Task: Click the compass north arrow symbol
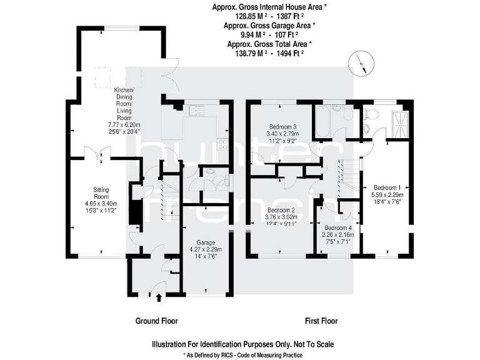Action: (362, 62)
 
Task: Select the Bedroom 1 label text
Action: (387, 187)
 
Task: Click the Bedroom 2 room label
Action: (281, 210)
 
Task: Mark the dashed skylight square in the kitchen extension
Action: (101, 78)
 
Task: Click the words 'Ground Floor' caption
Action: (157, 321)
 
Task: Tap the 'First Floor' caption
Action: (321, 321)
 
